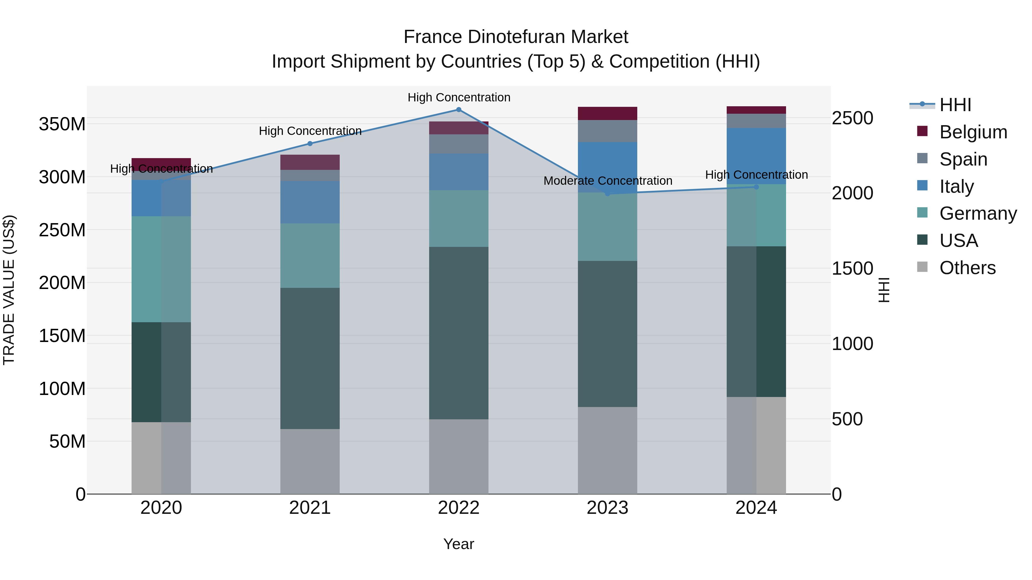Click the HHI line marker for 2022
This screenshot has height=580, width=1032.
[459, 110]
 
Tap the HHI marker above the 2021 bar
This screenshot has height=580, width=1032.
[310, 144]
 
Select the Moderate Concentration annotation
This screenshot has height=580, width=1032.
[608, 181]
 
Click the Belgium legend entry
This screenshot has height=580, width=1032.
[973, 132]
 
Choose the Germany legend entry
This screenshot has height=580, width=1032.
[978, 213]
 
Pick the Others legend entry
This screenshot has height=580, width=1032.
[967, 268]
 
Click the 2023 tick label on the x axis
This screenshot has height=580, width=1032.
[607, 508]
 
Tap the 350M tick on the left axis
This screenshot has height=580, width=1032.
[62, 124]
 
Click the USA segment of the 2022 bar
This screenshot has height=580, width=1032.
[459, 333]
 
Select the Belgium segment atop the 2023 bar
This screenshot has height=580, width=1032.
[607, 114]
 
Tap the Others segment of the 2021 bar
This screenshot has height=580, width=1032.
[310, 461]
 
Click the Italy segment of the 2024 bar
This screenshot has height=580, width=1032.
[756, 156]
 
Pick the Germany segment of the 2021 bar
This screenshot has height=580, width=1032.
[310, 255]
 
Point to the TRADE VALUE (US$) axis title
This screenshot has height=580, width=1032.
[9, 290]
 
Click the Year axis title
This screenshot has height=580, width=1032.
[459, 544]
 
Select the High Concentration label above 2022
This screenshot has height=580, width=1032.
[459, 97]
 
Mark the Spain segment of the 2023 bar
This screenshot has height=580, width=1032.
[607, 131]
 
